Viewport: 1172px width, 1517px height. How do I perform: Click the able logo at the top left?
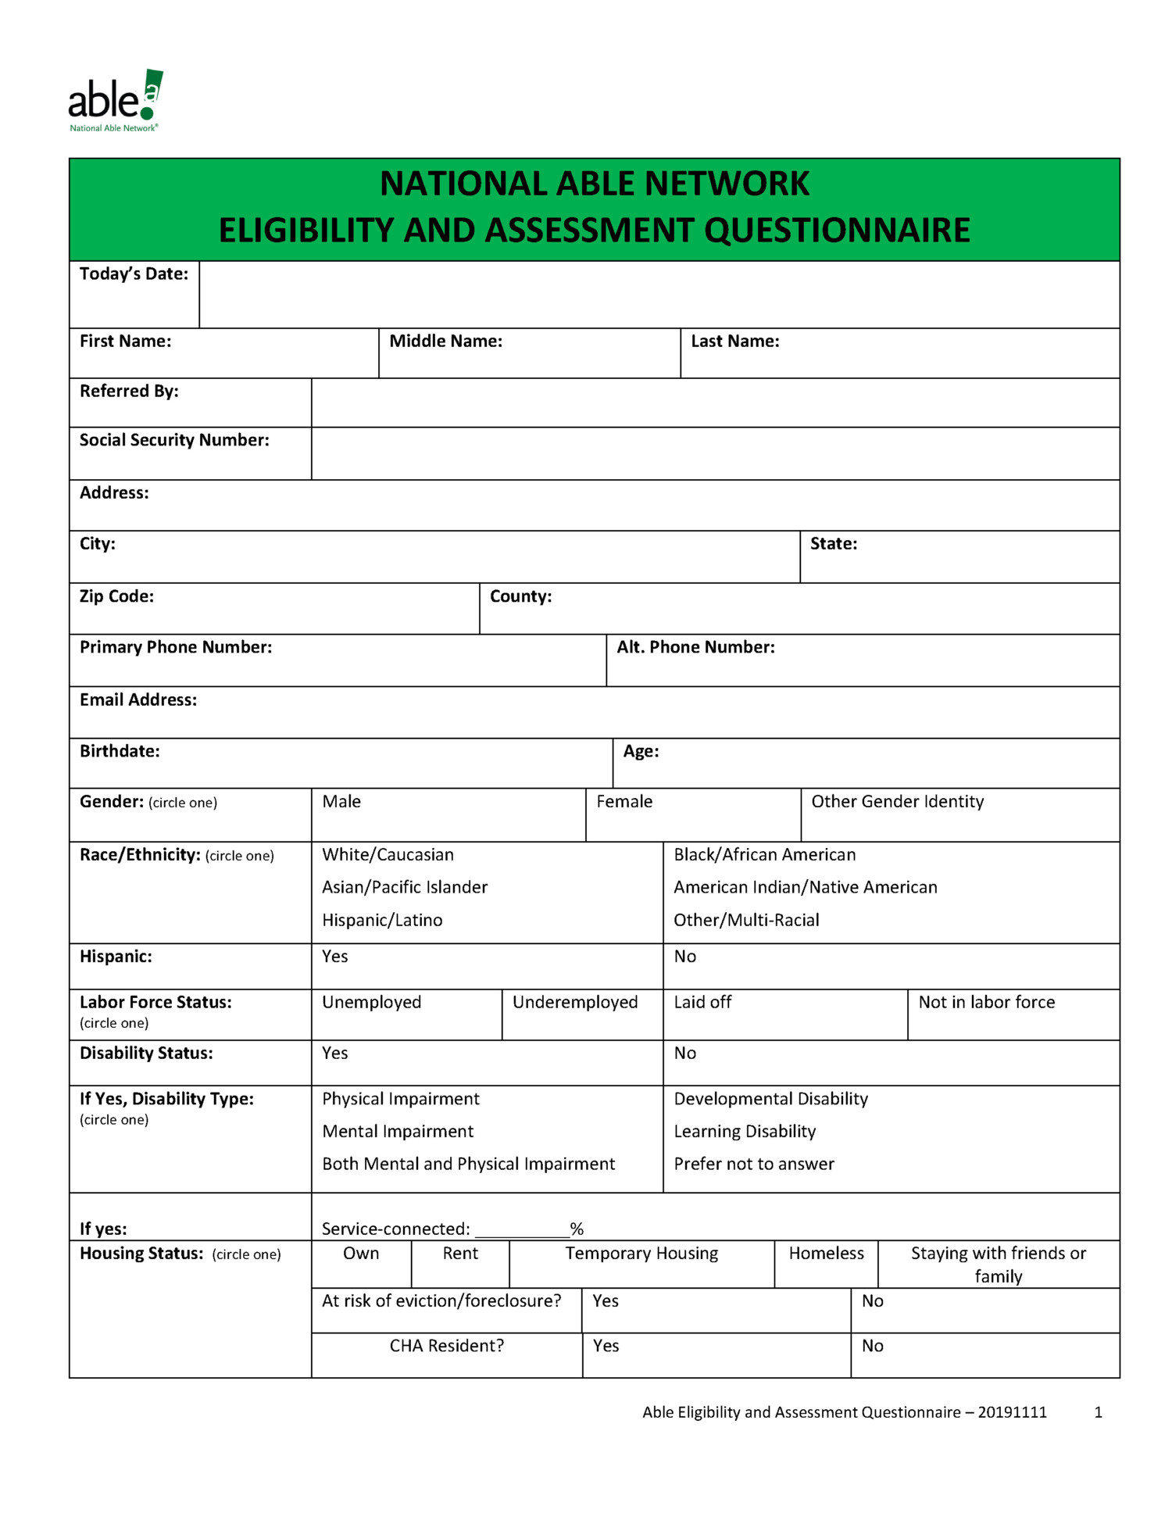[x=115, y=101]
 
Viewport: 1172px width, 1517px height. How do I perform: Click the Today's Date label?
[x=134, y=274]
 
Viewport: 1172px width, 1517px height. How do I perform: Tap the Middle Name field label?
[x=445, y=342]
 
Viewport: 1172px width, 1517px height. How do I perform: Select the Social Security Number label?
[x=174, y=441]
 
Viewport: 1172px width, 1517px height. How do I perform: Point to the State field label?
[x=833, y=544]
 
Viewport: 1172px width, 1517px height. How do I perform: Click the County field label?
[x=520, y=596]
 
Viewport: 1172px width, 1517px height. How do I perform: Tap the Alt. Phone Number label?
[x=695, y=647]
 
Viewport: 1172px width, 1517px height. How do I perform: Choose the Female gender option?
[x=624, y=802]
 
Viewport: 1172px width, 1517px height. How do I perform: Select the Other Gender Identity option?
[x=897, y=802]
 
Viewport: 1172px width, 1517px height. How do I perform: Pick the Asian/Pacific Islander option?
[x=405, y=887]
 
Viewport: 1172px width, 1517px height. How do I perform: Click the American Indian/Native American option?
[x=805, y=887]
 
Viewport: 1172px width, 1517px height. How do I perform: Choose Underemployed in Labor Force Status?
[x=575, y=1003]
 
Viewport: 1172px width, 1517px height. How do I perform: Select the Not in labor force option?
[x=986, y=1003]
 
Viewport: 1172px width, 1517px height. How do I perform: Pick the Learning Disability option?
[x=745, y=1132]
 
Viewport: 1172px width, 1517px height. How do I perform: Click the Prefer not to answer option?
[x=754, y=1165]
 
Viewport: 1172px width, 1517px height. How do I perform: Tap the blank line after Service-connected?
[x=522, y=1229]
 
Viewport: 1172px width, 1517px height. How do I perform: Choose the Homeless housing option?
[x=826, y=1254]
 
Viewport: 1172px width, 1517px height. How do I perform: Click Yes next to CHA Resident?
[x=606, y=1346]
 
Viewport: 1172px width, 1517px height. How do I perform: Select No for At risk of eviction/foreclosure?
[x=872, y=1301]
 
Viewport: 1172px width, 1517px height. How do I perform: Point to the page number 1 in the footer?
[x=1098, y=1412]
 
